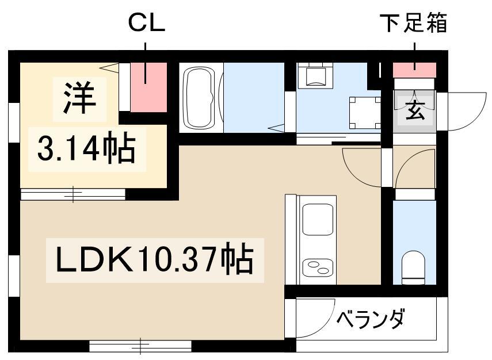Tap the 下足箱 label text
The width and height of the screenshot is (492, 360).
pos(413,22)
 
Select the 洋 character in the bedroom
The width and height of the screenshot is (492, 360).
pos(79,98)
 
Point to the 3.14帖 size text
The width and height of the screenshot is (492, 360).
pos(86,148)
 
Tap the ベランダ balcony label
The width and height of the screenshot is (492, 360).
pos(370,319)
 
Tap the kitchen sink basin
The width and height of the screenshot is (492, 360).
pos(317,219)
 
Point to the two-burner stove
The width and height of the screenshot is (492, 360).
pos(317,267)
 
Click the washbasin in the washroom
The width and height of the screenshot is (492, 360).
pos(315,75)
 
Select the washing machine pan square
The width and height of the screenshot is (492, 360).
pos(365,112)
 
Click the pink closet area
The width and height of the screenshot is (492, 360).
pos(148,87)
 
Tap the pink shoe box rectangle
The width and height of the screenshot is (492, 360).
pos(414,70)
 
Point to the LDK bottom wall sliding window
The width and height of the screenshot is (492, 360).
pos(140,346)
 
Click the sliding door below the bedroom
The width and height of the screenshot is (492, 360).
pos(73,194)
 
